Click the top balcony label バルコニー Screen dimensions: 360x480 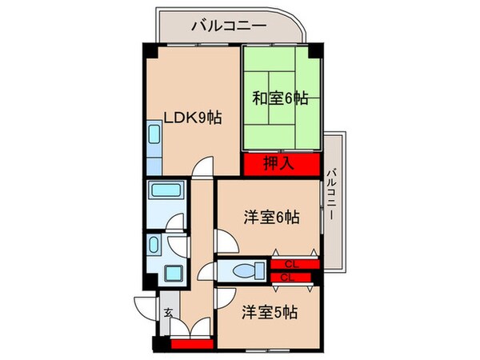pos(228,26)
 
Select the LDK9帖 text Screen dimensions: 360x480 pos(192,118)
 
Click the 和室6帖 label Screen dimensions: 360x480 pos(280,98)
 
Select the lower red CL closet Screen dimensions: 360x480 pos(289,277)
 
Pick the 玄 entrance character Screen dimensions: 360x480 pos(169,312)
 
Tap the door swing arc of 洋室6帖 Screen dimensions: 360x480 pos(226,240)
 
